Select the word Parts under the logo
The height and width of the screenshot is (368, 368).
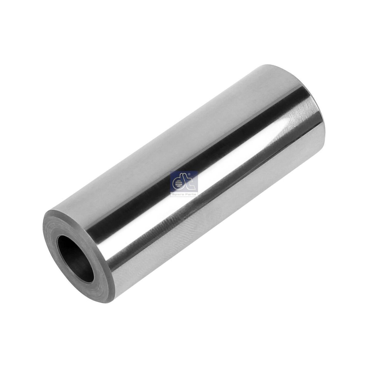click(x=190, y=193)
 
